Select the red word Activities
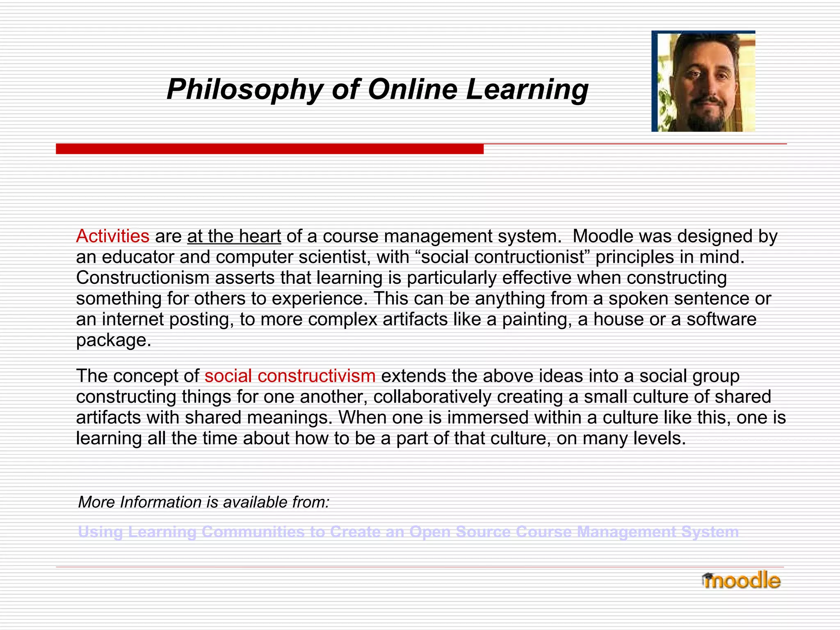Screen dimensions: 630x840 (x=112, y=236)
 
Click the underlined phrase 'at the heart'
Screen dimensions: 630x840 (x=234, y=236)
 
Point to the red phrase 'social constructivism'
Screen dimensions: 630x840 (x=290, y=376)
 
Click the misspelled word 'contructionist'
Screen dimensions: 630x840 (x=506, y=257)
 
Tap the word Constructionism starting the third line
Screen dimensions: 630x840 (x=142, y=278)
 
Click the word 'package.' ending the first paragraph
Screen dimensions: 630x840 (x=114, y=340)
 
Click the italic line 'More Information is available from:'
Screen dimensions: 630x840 (x=203, y=502)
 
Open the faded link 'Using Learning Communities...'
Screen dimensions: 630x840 (x=408, y=532)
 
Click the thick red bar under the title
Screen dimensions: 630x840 (x=269, y=148)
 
